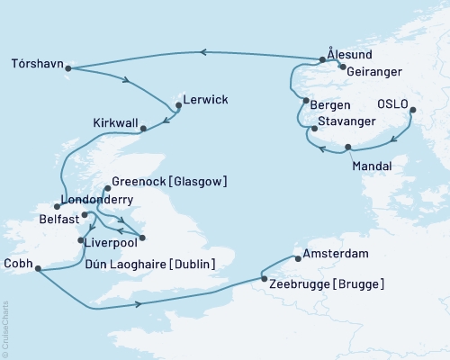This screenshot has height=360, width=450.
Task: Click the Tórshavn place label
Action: (37, 64)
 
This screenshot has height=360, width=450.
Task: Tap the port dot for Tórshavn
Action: (69, 68)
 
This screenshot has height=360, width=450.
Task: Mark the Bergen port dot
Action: (306, 100)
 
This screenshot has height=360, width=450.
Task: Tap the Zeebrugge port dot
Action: (263, 280)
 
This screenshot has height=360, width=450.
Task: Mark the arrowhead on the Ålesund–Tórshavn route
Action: (202, 52)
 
